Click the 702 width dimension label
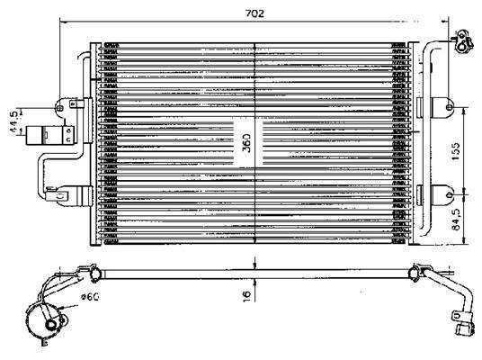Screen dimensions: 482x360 (254, 13)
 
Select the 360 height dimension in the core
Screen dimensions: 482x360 (246, 143)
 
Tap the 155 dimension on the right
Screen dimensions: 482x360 (456, 151)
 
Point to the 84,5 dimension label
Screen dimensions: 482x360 (456, 219)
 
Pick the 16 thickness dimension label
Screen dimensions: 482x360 (246, 295)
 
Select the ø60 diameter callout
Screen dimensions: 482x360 (90, 297)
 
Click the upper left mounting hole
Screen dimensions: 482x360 (60, 108)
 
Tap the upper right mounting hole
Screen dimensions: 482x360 (449, 107)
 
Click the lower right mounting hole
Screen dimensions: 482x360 (449, 194)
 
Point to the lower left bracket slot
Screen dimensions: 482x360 (61, 195)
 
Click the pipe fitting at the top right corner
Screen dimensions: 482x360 (460, 41)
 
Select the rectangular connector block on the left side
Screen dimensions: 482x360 (50, 135)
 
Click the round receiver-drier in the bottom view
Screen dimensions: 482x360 (46, 320)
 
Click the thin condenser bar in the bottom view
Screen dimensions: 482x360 (255, 274)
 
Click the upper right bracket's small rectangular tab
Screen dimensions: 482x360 (420, 107)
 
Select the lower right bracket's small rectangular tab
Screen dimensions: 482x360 (420, 195)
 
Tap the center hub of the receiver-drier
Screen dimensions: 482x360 (50, 324)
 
